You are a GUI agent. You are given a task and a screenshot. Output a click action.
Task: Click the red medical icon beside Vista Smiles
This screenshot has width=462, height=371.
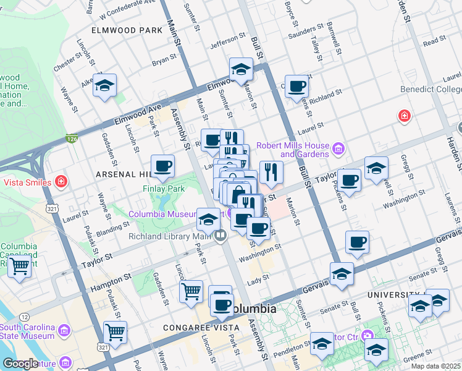click(61, 182)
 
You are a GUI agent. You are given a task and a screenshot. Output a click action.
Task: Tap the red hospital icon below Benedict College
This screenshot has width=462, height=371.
click(405, 116)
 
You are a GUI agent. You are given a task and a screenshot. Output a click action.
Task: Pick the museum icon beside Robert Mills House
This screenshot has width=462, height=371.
click(338, 148)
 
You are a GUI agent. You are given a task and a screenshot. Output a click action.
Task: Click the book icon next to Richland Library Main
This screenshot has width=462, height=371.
click(220, 236)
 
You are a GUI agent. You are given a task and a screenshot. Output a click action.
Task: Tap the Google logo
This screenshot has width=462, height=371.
click(20, 364)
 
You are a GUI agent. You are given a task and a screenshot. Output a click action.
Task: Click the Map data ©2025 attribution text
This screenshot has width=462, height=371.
click(435, 366)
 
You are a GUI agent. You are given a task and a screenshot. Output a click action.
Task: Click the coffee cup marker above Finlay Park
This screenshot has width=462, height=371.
click(163, 166)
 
